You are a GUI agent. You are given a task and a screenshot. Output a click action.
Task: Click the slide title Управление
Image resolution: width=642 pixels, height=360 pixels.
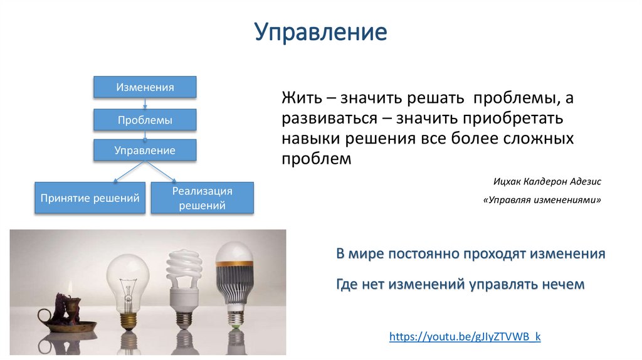point(320,31)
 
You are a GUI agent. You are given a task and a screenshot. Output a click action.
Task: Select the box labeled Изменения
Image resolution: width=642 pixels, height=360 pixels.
point(145,87)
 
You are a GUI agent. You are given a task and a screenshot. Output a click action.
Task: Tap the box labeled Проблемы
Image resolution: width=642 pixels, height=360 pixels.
point(145,119)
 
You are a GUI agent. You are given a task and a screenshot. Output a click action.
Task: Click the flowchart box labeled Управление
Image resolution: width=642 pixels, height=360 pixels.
point(145,151)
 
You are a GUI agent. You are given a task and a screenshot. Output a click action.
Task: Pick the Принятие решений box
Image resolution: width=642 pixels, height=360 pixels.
point(90,198)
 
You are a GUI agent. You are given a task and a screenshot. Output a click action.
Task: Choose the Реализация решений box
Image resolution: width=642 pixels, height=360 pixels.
point(202,198)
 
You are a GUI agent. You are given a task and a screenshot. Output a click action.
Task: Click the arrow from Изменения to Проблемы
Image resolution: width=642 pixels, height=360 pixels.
point(145,103)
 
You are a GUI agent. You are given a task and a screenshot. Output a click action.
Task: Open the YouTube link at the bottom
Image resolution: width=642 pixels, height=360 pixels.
point(465,337)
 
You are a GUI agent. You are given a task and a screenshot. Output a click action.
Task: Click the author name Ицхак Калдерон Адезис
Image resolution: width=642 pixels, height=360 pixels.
point(547,181)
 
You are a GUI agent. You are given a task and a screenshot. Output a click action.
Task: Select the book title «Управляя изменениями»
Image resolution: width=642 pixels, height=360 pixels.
point(542,200)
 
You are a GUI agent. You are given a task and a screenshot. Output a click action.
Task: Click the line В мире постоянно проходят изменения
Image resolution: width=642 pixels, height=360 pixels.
point(470,254)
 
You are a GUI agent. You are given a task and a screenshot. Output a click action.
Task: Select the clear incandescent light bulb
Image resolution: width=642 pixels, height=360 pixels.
point(128,282)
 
